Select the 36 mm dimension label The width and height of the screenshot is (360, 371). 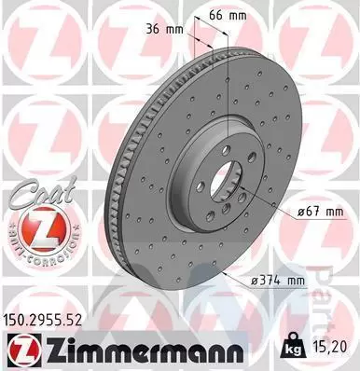(165, 29)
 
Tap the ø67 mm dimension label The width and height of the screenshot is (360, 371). (321, 212)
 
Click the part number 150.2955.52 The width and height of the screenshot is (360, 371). (43, 320)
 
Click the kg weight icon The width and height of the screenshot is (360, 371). (293, 344)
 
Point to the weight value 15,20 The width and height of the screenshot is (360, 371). (330, 347)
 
